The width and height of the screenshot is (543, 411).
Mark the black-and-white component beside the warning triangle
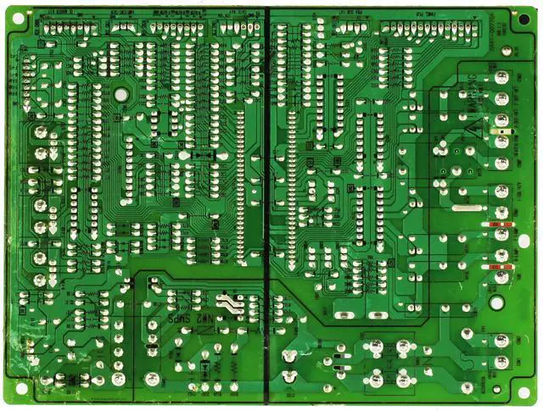pos(500,132)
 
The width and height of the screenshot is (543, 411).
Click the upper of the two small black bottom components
pos(340,357)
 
